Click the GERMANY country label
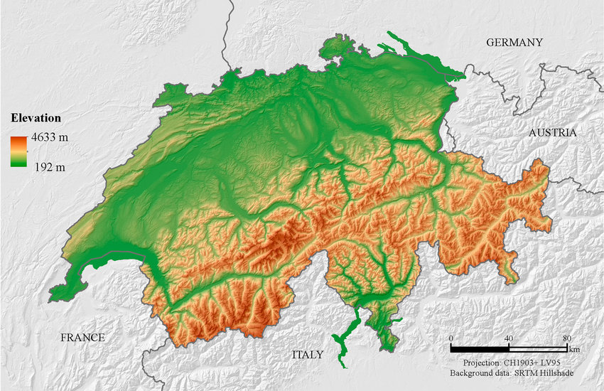pos(514,43)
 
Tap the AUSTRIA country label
pos(552,133)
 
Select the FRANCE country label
pos(82,338)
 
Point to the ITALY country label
pos(308,354)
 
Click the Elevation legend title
pos(36,118)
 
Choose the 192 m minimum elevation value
pos(50,167)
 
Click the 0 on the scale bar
pos(452,338)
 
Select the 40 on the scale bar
pos(509,338)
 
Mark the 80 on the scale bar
pos(566,338)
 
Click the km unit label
pos(574,350)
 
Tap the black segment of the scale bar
pos(480,348)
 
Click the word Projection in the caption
pos(483,363)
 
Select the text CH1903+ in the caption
pos(522,363)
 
